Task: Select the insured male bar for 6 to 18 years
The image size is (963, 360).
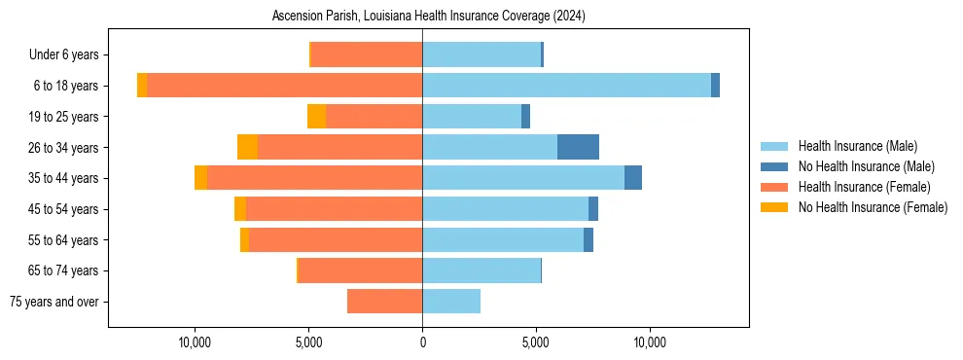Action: (x=566, y=86)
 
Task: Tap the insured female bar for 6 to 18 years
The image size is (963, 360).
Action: (x=284, y=86)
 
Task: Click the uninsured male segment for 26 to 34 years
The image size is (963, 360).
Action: (x=578, y=147)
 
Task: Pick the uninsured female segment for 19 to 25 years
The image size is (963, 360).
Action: (x=316, y=117)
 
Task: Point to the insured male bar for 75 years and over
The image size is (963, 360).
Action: (x=451, y=302)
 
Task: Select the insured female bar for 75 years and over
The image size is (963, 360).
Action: (x=384, y=302)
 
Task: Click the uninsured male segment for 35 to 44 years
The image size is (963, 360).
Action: (x=633, y=178)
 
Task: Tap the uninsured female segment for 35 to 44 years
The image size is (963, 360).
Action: (x=200, y=178)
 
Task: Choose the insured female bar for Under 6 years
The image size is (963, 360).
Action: (x=366, y=54)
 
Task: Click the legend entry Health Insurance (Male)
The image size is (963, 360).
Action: (x=857, y=146)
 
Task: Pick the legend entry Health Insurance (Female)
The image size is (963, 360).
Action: (x=864, y=187)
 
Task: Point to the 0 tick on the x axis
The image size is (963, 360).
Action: (x=422, y=342)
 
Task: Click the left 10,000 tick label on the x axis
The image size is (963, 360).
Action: (x=195, y=342)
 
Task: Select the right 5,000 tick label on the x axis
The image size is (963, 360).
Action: (x=536, y=342)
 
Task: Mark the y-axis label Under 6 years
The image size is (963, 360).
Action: (x=69, y=55)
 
